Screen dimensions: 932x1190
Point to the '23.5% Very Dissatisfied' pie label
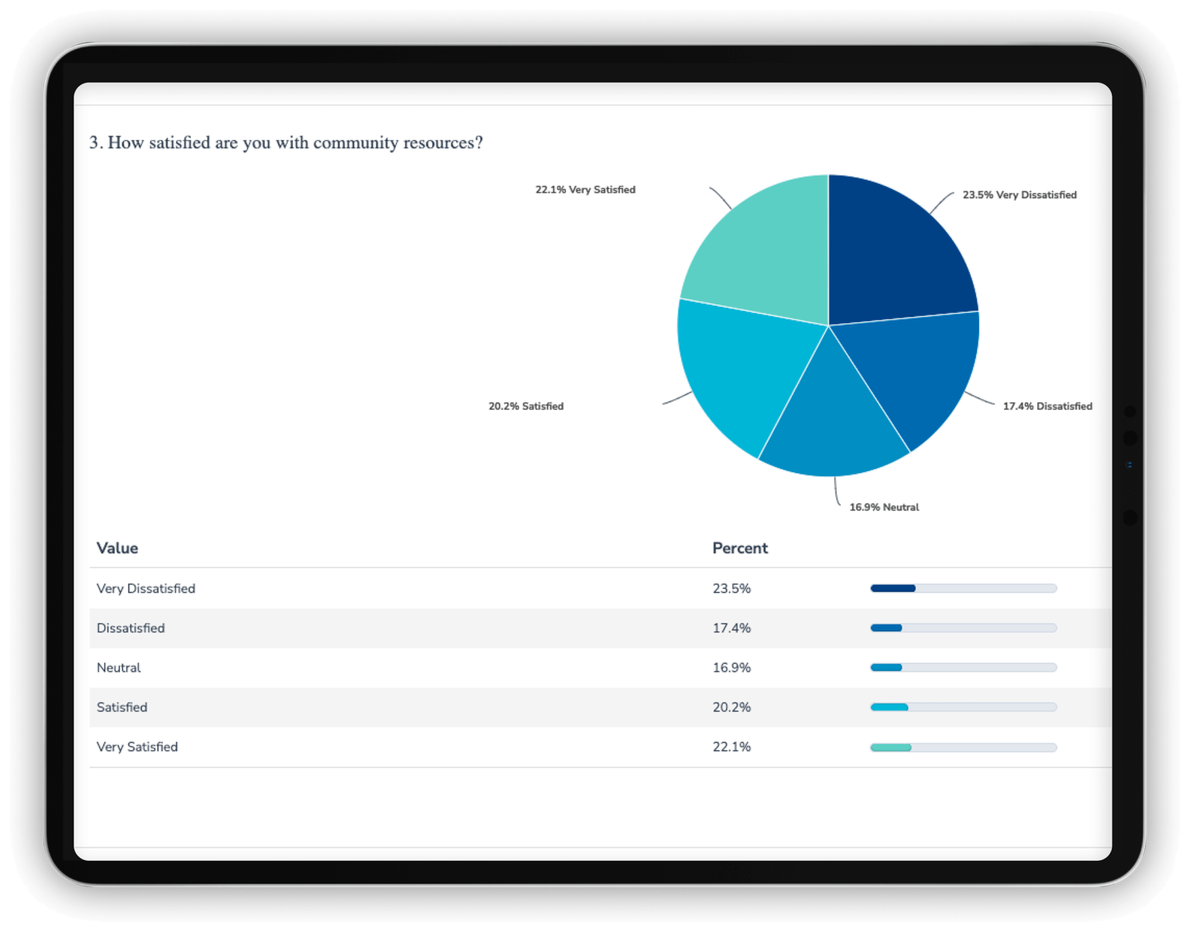pyautogui.click(x=1019, y=195)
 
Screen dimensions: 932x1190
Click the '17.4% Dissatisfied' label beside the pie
pyautogui.click(x=1047, y=406)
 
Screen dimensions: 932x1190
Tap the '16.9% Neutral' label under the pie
pyautogui.click(x=884, y=507)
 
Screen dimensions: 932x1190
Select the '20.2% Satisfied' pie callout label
pyautogui.click(x=526, y=406)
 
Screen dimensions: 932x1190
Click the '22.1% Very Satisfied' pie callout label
pyautogui.click(x=585, y=190)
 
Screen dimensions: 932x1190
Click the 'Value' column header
pyautogui.click(x=117, y=548)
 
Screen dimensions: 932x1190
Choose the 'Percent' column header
pyautogui.click(x=740, y=548)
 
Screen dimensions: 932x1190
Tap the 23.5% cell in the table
pyautogui.click(x=731, y=589)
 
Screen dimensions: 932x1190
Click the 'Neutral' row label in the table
pyautogui.click(x=119, y=668)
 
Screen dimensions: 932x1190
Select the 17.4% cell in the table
pyautogui.click(x=731, y=628)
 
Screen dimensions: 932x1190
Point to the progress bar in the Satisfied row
pyautogui.click(x=963, y=707)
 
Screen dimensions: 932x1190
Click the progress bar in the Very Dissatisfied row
pyautogui.click(x=963, y=589)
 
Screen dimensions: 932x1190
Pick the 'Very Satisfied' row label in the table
pyautogui.click(x=137, y=747)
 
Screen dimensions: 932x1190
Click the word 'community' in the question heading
pyautogui.click(x=356, y=143)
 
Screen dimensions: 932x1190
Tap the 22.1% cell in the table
pyautogui.click(x=731, y=747)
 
